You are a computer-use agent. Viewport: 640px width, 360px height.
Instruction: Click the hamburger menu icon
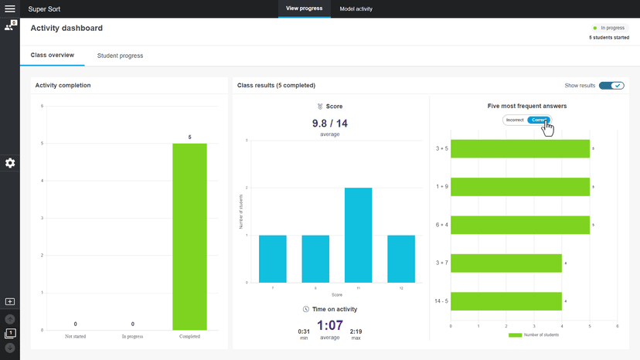pyautogui.click(x=10, y=8)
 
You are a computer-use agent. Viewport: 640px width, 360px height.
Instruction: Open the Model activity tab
pyautogui.click(x=356, y=8)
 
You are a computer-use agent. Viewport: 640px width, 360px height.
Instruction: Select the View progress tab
pyautogui.click(x=304, y=8)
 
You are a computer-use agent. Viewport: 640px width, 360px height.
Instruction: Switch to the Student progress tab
pyautogui.click(x=120, y=56)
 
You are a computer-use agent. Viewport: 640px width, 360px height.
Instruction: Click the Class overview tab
pyautogui.click(x=53, y=56)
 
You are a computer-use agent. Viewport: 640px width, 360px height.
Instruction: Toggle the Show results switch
pyautogui.click(x=611, y=85)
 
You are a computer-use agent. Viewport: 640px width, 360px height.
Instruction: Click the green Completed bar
pyautogui.click(x=189, y=236)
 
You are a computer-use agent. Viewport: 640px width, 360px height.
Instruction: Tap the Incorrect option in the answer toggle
pyautogui.click(x=515, y=120)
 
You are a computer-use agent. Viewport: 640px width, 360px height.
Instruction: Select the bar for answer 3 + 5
pyautogui.click(x=519, y=148)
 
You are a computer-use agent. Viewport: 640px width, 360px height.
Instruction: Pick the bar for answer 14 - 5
pyautogui.click(x=506, y=301)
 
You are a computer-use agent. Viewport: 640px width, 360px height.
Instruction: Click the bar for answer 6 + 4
pyautogui.click(x=519, y=225)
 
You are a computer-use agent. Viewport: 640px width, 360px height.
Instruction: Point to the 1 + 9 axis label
pyautogui.click(x=441, y=186)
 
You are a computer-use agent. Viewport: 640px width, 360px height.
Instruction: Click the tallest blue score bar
pyautogui.click(x=358, y=235)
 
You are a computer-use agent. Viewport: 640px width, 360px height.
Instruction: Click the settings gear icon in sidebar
pyautogui.click(x=10, y=163)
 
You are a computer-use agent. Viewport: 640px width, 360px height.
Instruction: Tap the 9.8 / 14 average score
pyautogui.click(x=329, y=124)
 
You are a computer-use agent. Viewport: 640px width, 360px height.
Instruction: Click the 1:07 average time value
pyautogui.click(x=329, y=326)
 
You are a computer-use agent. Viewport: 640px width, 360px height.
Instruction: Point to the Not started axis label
pyautogui.click(x=75, y=336)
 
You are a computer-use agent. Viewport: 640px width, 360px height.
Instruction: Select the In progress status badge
pyautogui.click(x=608, y=28)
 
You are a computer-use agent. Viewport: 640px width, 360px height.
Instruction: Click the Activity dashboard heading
pyautogui.click(x=66, y=28)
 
